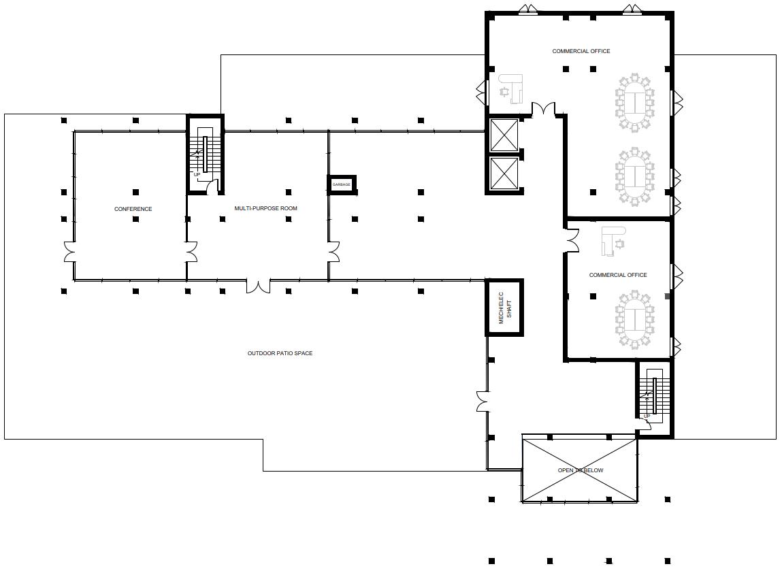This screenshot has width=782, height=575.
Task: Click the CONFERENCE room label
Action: (133, 209)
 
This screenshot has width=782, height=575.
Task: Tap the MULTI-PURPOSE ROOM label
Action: (266, 208)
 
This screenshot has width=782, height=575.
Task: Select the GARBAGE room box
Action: (342, 184)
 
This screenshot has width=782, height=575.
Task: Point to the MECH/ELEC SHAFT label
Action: (505, 308)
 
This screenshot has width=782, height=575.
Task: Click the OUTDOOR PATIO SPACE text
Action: (280, 354)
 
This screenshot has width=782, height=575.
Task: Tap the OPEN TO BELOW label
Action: (581, 470)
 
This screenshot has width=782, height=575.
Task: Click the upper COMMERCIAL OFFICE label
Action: (581, 51)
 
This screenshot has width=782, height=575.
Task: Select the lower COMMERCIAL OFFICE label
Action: (618, 276)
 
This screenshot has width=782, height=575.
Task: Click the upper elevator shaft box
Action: (504, 135)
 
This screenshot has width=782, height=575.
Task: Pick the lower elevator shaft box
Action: (504, 174)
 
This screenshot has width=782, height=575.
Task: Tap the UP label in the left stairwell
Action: (197, 175)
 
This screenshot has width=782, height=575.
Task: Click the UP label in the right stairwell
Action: (647, 416)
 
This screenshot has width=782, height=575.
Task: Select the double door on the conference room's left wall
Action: (69, 252)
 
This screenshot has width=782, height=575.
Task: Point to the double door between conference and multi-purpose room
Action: (191, 252)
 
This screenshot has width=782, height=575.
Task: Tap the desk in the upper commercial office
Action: (511, 88)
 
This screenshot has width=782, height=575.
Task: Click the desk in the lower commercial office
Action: (613, 242)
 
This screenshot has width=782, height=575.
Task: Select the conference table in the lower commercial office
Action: (634, 321)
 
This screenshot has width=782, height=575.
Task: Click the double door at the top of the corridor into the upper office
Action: (543, 109)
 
